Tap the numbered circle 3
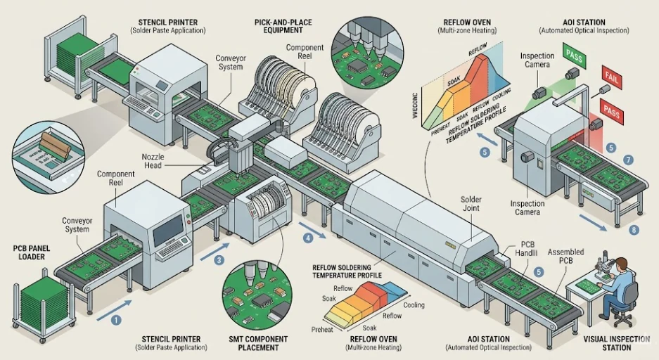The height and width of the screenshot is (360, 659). pos(219,260)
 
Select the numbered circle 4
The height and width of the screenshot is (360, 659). pos(307,238)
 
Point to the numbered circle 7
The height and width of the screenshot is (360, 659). pos(628,160)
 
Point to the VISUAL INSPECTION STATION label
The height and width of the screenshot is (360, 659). pos(616,343)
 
